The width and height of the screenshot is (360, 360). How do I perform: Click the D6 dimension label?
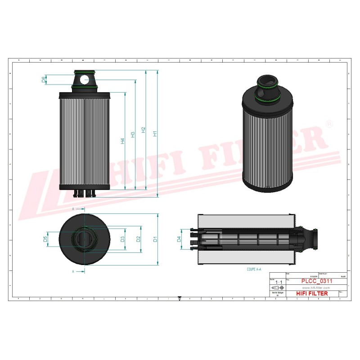[x=44, y=80]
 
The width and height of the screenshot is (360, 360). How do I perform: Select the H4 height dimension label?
[x=122, y=141]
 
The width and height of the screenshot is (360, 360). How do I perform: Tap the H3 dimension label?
[x=133, y=135]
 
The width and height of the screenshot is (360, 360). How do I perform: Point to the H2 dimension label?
[x=144, y=130]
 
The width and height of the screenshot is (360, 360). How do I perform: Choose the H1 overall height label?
[x=155, y=134]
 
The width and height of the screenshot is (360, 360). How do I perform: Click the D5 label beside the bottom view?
[x=45, y=239]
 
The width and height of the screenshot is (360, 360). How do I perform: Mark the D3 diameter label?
[x=122, y=239]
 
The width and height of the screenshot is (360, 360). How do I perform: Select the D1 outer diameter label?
[x=154, y=239]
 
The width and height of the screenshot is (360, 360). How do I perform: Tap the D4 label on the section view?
[x=179, y=239]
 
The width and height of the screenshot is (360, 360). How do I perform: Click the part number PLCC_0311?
[x=316, y=281]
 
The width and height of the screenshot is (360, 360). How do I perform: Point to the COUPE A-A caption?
[x=254, y=269]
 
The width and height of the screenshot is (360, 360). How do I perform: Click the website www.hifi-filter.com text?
[x=315, y=288]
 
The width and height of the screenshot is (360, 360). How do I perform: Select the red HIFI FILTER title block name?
[x=312, y=293]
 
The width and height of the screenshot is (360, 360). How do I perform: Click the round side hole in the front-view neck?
[x=85, y=80]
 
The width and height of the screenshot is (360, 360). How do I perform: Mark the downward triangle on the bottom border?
[x=180, y=298]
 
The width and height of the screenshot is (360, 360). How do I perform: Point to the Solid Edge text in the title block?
[x=278, y=292]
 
